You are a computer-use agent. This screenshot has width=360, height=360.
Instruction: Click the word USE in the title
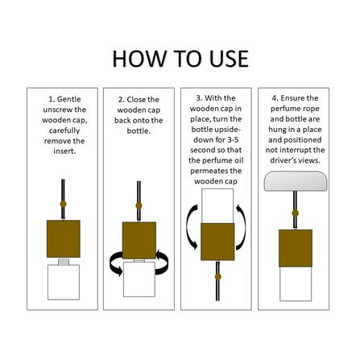click(x=229, y=59)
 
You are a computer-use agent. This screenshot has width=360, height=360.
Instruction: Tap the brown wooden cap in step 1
click(x=64, y=238)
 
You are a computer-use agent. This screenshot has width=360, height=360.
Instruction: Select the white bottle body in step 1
click(x=64, y=282)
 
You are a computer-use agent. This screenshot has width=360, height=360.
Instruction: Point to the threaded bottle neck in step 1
click(x=64, y=262)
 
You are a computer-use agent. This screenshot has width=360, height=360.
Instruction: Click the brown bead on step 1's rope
click(x=63, y=204)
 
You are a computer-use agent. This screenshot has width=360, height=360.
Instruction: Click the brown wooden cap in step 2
click(x=139, y=241)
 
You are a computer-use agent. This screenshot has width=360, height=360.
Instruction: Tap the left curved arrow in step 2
click(x=116, y=263)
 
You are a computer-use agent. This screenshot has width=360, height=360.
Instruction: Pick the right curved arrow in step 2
click(x=162, y=263)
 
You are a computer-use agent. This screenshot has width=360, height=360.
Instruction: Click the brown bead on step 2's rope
click(x=139, y=206)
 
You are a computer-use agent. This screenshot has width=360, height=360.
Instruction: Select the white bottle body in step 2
click(x=139, y=279)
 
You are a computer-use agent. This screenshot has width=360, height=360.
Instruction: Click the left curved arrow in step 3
click(x=191, y=227)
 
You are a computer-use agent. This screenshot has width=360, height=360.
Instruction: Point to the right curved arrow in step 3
click(x=242, y=227)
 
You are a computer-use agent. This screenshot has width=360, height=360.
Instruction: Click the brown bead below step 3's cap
click(x=218, y=277)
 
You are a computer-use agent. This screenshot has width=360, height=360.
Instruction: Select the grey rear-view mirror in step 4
click(x=296, y=181)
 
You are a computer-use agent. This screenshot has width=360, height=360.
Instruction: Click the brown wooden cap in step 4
click(x=296, y=248)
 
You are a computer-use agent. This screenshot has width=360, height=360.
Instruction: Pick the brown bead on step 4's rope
click(x=295, y=213)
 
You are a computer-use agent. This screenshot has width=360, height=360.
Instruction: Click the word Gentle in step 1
click(x=68, y=99)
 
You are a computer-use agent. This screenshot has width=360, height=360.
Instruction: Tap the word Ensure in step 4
click(x=292, y=98)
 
